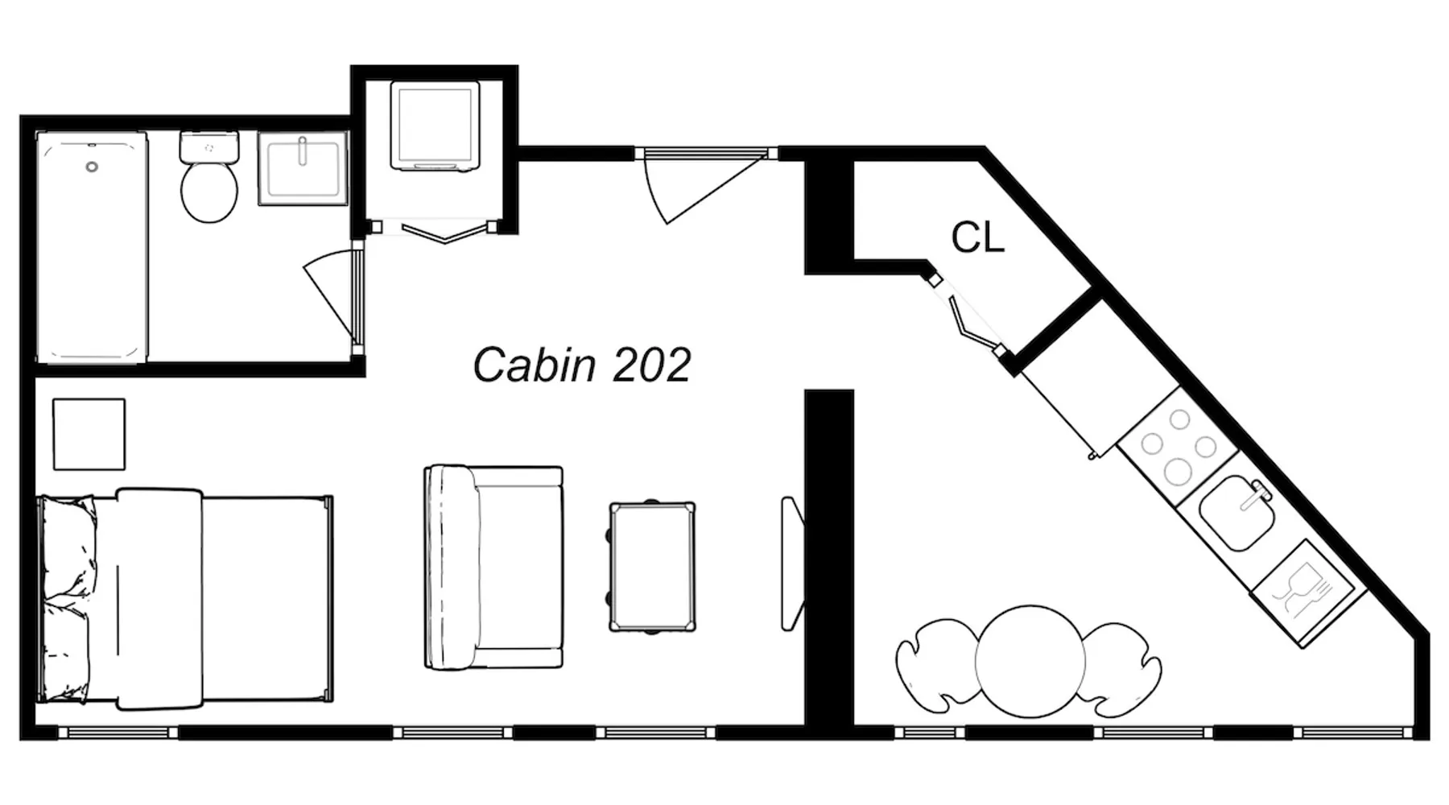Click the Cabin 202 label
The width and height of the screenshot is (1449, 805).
[581, 365]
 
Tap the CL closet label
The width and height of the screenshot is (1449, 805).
[977, 238]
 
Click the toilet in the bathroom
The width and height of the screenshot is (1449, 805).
[209, 177]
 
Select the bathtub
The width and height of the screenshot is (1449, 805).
[92, 247]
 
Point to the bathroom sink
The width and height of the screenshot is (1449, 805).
[303, 168]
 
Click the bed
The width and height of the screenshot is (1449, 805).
[185, 599]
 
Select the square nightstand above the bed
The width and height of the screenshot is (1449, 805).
[89, 434]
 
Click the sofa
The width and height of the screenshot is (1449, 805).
[493, 567]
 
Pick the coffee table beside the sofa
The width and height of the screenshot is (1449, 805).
[652, 567]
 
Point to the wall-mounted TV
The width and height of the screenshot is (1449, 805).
[792, 563]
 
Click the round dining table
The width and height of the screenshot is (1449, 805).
[1030, 661]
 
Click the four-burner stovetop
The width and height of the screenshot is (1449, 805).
[1178, 447]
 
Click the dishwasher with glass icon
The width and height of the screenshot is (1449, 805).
[1307, 592]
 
